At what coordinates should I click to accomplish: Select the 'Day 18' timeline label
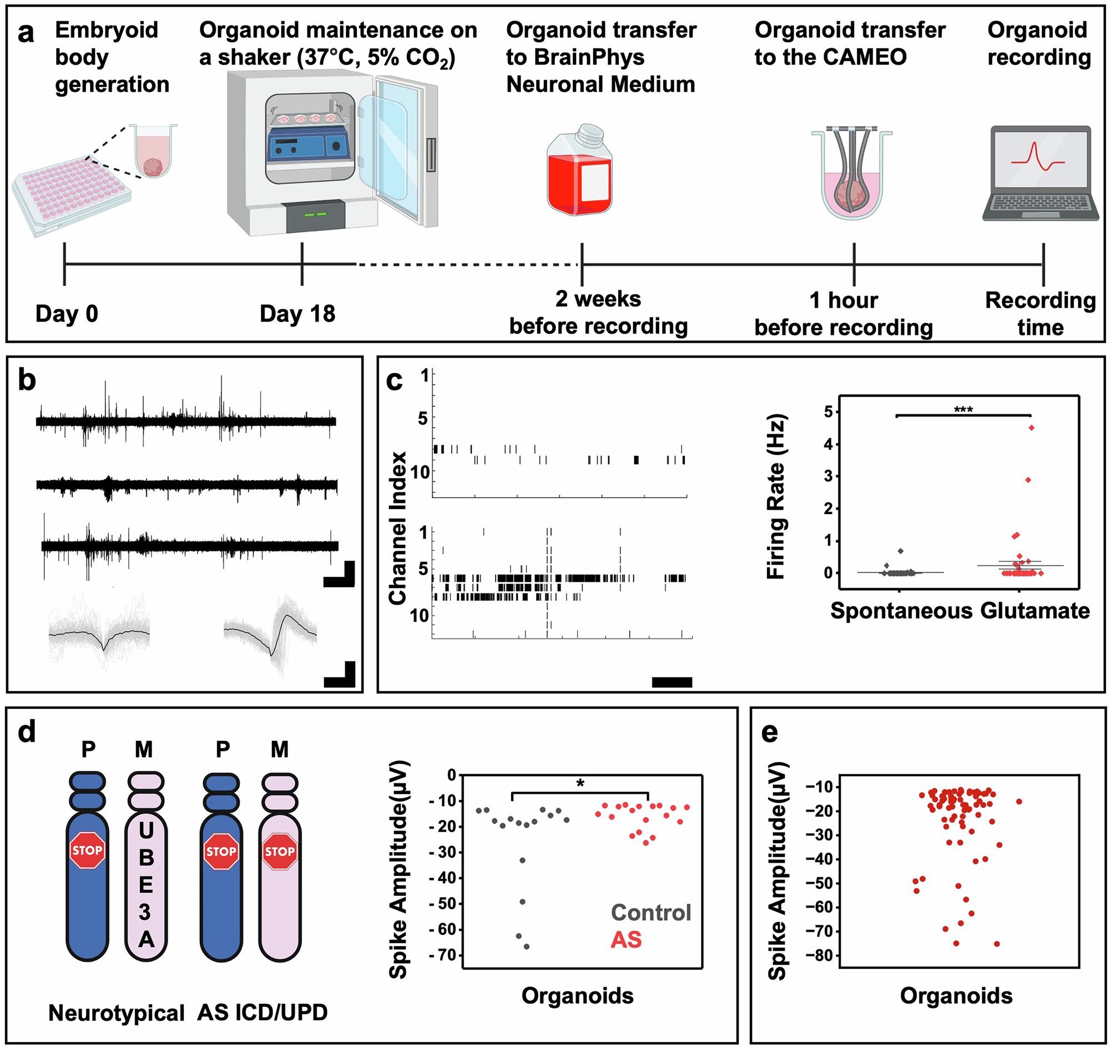point(297,314)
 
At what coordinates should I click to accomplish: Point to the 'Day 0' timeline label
point(67,314)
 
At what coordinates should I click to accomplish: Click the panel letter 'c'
point(394,381)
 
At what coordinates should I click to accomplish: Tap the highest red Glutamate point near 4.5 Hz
point(1031,427)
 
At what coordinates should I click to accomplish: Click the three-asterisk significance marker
point(963,410)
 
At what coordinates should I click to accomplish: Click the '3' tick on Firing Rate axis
point(828,476)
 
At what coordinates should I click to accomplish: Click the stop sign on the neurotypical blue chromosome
point(87,850)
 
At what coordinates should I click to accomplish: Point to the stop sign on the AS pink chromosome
point(280,852)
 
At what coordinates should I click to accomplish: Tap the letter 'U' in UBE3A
point(147,831)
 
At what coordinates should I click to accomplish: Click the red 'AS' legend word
point(626,940)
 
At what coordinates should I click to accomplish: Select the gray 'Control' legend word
point(650,913)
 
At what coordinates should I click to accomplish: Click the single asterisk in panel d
point(580,784)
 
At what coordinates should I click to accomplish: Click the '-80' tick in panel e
point(818,956)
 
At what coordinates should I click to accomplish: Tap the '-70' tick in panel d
point(443,955)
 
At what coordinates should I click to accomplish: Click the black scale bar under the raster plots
point(672,682)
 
